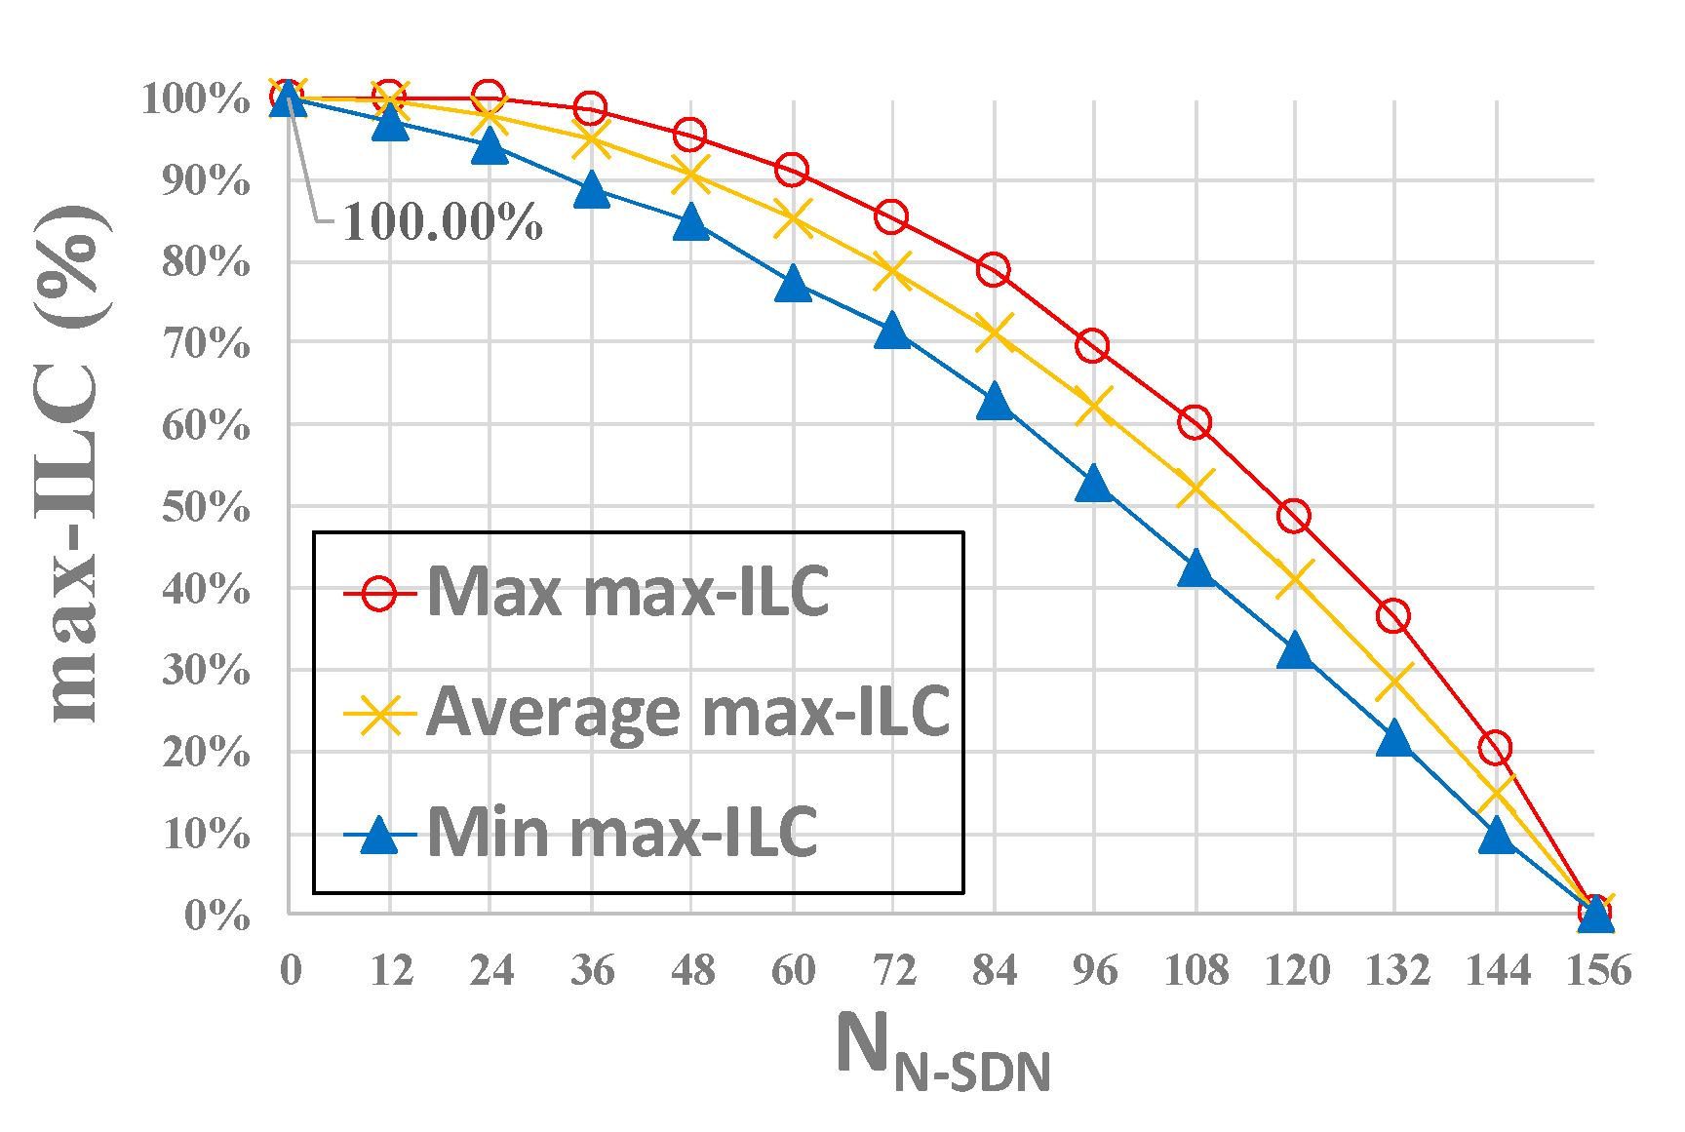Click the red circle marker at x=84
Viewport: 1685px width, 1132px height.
993,269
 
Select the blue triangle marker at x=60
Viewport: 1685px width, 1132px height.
793,284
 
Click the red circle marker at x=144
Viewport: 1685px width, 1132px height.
1495,748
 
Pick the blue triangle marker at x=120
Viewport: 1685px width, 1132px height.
1295,650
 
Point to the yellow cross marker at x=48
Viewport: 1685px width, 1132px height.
690,175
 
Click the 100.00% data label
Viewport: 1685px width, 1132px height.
442,222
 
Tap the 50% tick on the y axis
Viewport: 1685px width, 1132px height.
206,507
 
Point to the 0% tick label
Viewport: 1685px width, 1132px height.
216,916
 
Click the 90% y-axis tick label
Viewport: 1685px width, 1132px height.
206,180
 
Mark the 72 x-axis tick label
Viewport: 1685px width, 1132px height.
893,970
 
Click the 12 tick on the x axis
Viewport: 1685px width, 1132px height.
390,970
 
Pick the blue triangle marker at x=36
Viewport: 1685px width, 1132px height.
591,190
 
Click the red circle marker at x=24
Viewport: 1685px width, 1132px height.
489,97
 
